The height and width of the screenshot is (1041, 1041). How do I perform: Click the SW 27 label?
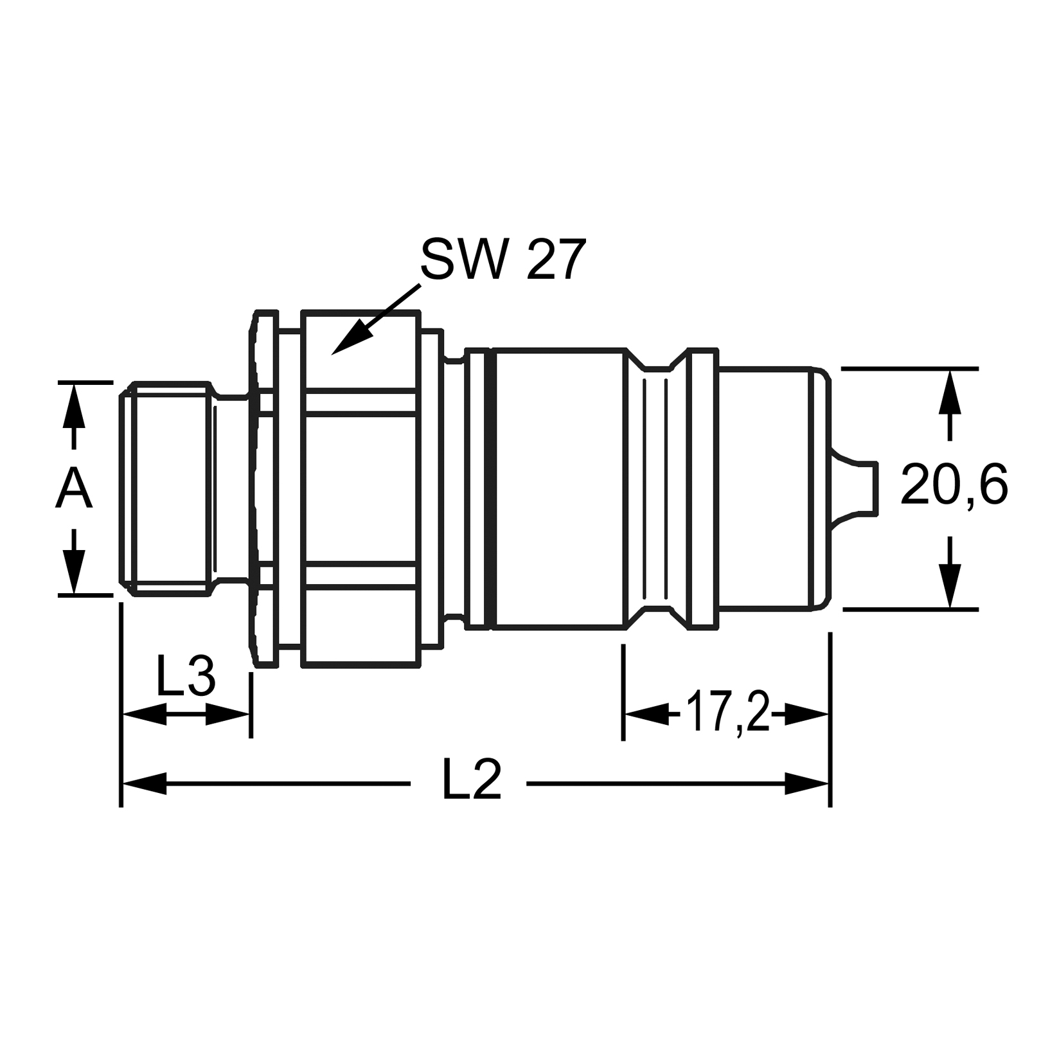pyautogui.click(x=503, y=260)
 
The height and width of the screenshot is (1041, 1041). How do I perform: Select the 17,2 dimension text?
pyautogui.click(x=727, y=712)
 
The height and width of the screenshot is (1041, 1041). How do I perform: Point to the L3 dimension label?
pyautogui.click(x=186, y=677)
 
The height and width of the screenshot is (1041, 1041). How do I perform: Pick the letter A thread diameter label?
pyautogui.click(x=75, y=489)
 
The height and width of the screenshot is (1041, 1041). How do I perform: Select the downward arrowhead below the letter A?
pyautogui.click(x=75, y=571)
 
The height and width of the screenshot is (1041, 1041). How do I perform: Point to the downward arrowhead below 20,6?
pyautogui.click(x=950, y=585)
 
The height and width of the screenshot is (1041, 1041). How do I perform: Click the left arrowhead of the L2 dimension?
pyautogui.click(x=145, y=783)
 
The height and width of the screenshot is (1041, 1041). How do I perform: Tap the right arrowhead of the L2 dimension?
pyautogui.click(x=806, y=783)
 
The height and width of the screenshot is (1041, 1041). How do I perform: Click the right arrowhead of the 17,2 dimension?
pyautogui.click(x=805, y=713)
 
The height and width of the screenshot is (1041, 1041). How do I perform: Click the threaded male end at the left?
pyautogui.click(x=168, y=488)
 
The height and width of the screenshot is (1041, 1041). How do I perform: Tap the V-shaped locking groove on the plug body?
pyautogui.click(x=656, y=488)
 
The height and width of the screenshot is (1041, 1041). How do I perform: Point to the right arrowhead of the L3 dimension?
pyautogui.click(x=227, y=713)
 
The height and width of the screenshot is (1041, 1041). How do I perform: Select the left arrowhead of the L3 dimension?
pyautogui.click(x=145, y=713)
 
